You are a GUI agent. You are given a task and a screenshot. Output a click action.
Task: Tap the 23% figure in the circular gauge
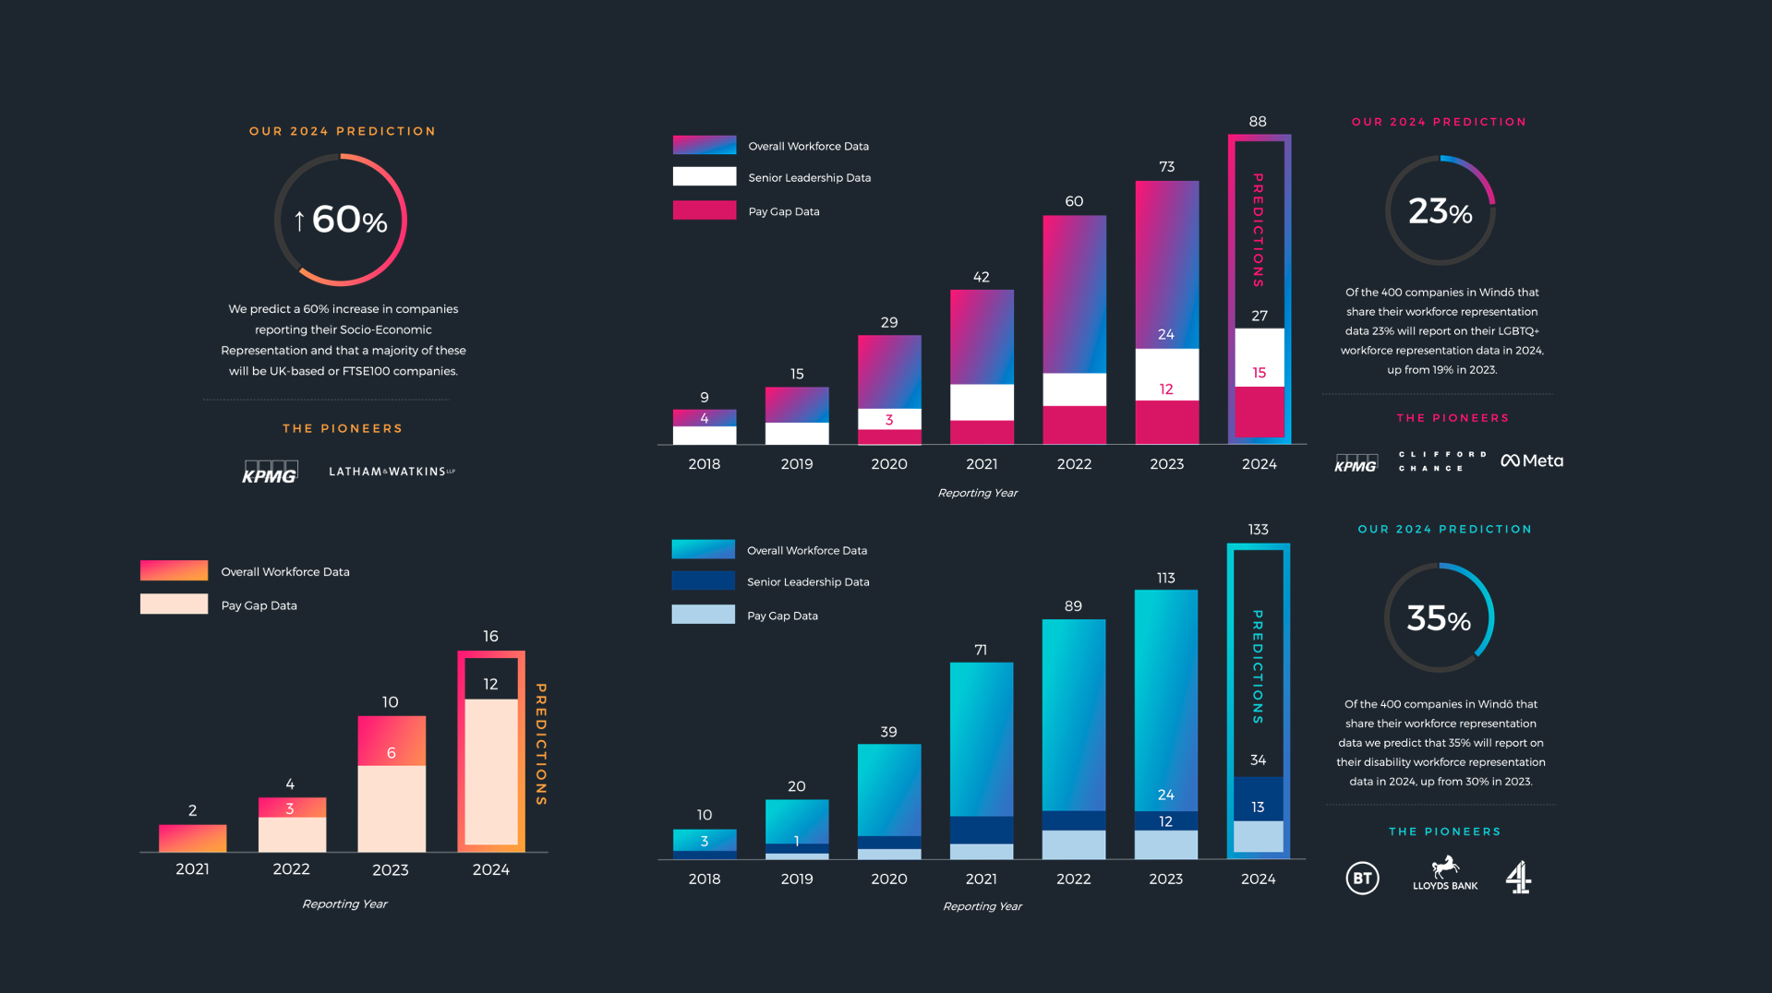tap(1440, 211)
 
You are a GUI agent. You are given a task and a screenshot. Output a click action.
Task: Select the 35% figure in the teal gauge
tap(1438, 618)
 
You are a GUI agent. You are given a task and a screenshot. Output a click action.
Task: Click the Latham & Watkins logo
tap(392, 472)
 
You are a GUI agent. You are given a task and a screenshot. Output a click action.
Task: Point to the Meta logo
tap(1532, 461)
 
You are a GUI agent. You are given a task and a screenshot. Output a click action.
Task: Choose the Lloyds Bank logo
tap(1445, 874)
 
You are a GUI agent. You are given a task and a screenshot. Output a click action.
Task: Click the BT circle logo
tap(1362, 878)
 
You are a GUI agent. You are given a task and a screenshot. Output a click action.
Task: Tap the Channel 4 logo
tap(1519, 877)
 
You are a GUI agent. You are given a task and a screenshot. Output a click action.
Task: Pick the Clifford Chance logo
tap(1442, 461)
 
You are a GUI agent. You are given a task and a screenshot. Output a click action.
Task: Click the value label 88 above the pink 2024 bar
tap(1258, 122)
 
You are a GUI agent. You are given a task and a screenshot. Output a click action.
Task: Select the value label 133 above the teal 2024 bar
tap(1258, 530)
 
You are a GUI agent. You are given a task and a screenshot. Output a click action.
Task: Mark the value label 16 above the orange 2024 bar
tap(490, 636)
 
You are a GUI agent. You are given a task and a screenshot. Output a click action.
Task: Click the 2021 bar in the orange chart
tap(192, 838)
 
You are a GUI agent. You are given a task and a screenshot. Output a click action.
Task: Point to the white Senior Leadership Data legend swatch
tap(705, 177)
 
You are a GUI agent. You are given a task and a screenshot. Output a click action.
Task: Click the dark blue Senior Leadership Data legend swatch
tap(703, 581)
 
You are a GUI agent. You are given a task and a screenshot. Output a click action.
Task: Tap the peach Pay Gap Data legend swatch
tap(174, 604)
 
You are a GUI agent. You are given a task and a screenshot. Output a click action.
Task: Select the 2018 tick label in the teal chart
tap(705, 879)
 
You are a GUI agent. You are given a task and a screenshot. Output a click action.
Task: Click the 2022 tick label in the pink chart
tap(1074, 464)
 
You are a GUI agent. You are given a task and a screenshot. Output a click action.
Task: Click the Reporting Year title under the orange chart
tap(344, 904)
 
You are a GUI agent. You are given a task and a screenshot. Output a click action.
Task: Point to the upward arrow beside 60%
tap(299, 221)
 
